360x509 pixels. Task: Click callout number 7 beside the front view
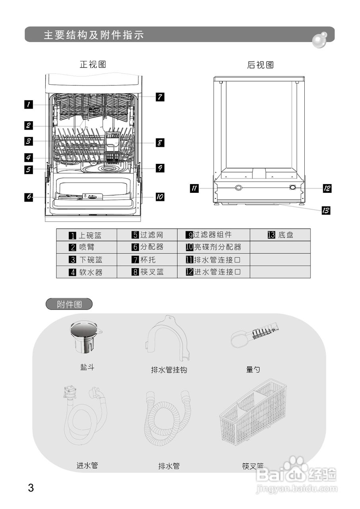click(x=160, y=97)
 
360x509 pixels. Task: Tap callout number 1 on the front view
click(x=29, y=105)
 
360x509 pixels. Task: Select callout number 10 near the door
click(x=160, y=196)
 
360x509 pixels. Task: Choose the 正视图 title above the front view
click(x=93, y=64)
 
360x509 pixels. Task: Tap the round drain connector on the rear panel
click(x=238, y=188)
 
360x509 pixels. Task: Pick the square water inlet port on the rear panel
click(x=293, y=188)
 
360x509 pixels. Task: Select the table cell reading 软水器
click(x=87, y=272)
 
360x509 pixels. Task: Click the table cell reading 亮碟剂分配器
click(x=214, y=247)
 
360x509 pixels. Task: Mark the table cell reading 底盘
click(x=280, y=235)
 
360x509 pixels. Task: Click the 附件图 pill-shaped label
click(x=69, y=305)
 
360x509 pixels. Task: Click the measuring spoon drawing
click(x=255, y=334)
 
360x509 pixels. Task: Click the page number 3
click(x=31, y=488)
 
